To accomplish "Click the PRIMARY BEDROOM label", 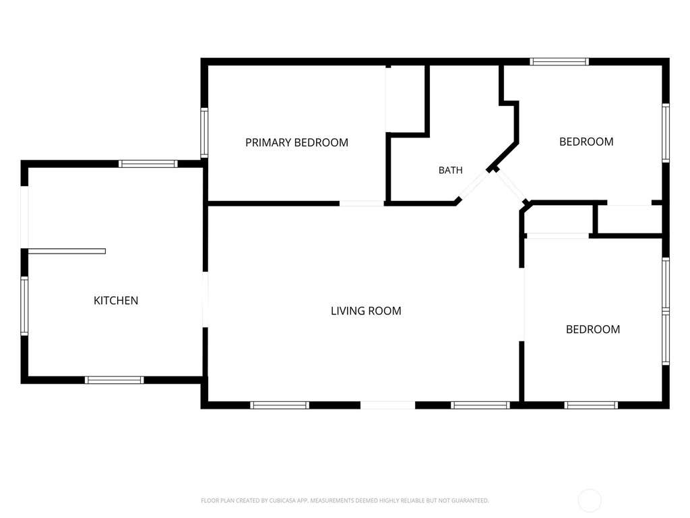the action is (x=296, y=143).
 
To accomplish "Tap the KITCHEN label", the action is (x=116, y=300).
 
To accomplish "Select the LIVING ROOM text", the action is (x=366, y=311).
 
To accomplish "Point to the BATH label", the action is (x=451, y=170).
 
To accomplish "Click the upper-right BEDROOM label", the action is (x=586, y=142).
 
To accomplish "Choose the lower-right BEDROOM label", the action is (x=593, y=329).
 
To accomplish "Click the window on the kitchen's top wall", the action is (x=148, y=164).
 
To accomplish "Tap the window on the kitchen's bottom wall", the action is (x=115, y=380).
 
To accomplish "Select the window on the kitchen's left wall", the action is (x=24, y=306).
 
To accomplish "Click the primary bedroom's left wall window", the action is (x=204, y=133).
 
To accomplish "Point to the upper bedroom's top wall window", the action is (x=559, y=61).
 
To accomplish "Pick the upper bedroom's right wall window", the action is (x=666, y=133).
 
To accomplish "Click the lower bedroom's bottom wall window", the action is (x=592, y=405).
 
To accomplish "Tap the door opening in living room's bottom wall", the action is (x=387, y=405).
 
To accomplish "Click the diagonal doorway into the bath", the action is (x=474, y=185).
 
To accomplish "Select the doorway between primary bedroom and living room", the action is (x=362, y=204).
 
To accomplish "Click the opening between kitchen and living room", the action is (x=205, y=299).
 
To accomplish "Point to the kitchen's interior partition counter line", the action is (x=67, y=252).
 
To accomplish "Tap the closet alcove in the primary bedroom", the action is (x=406, y=98).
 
